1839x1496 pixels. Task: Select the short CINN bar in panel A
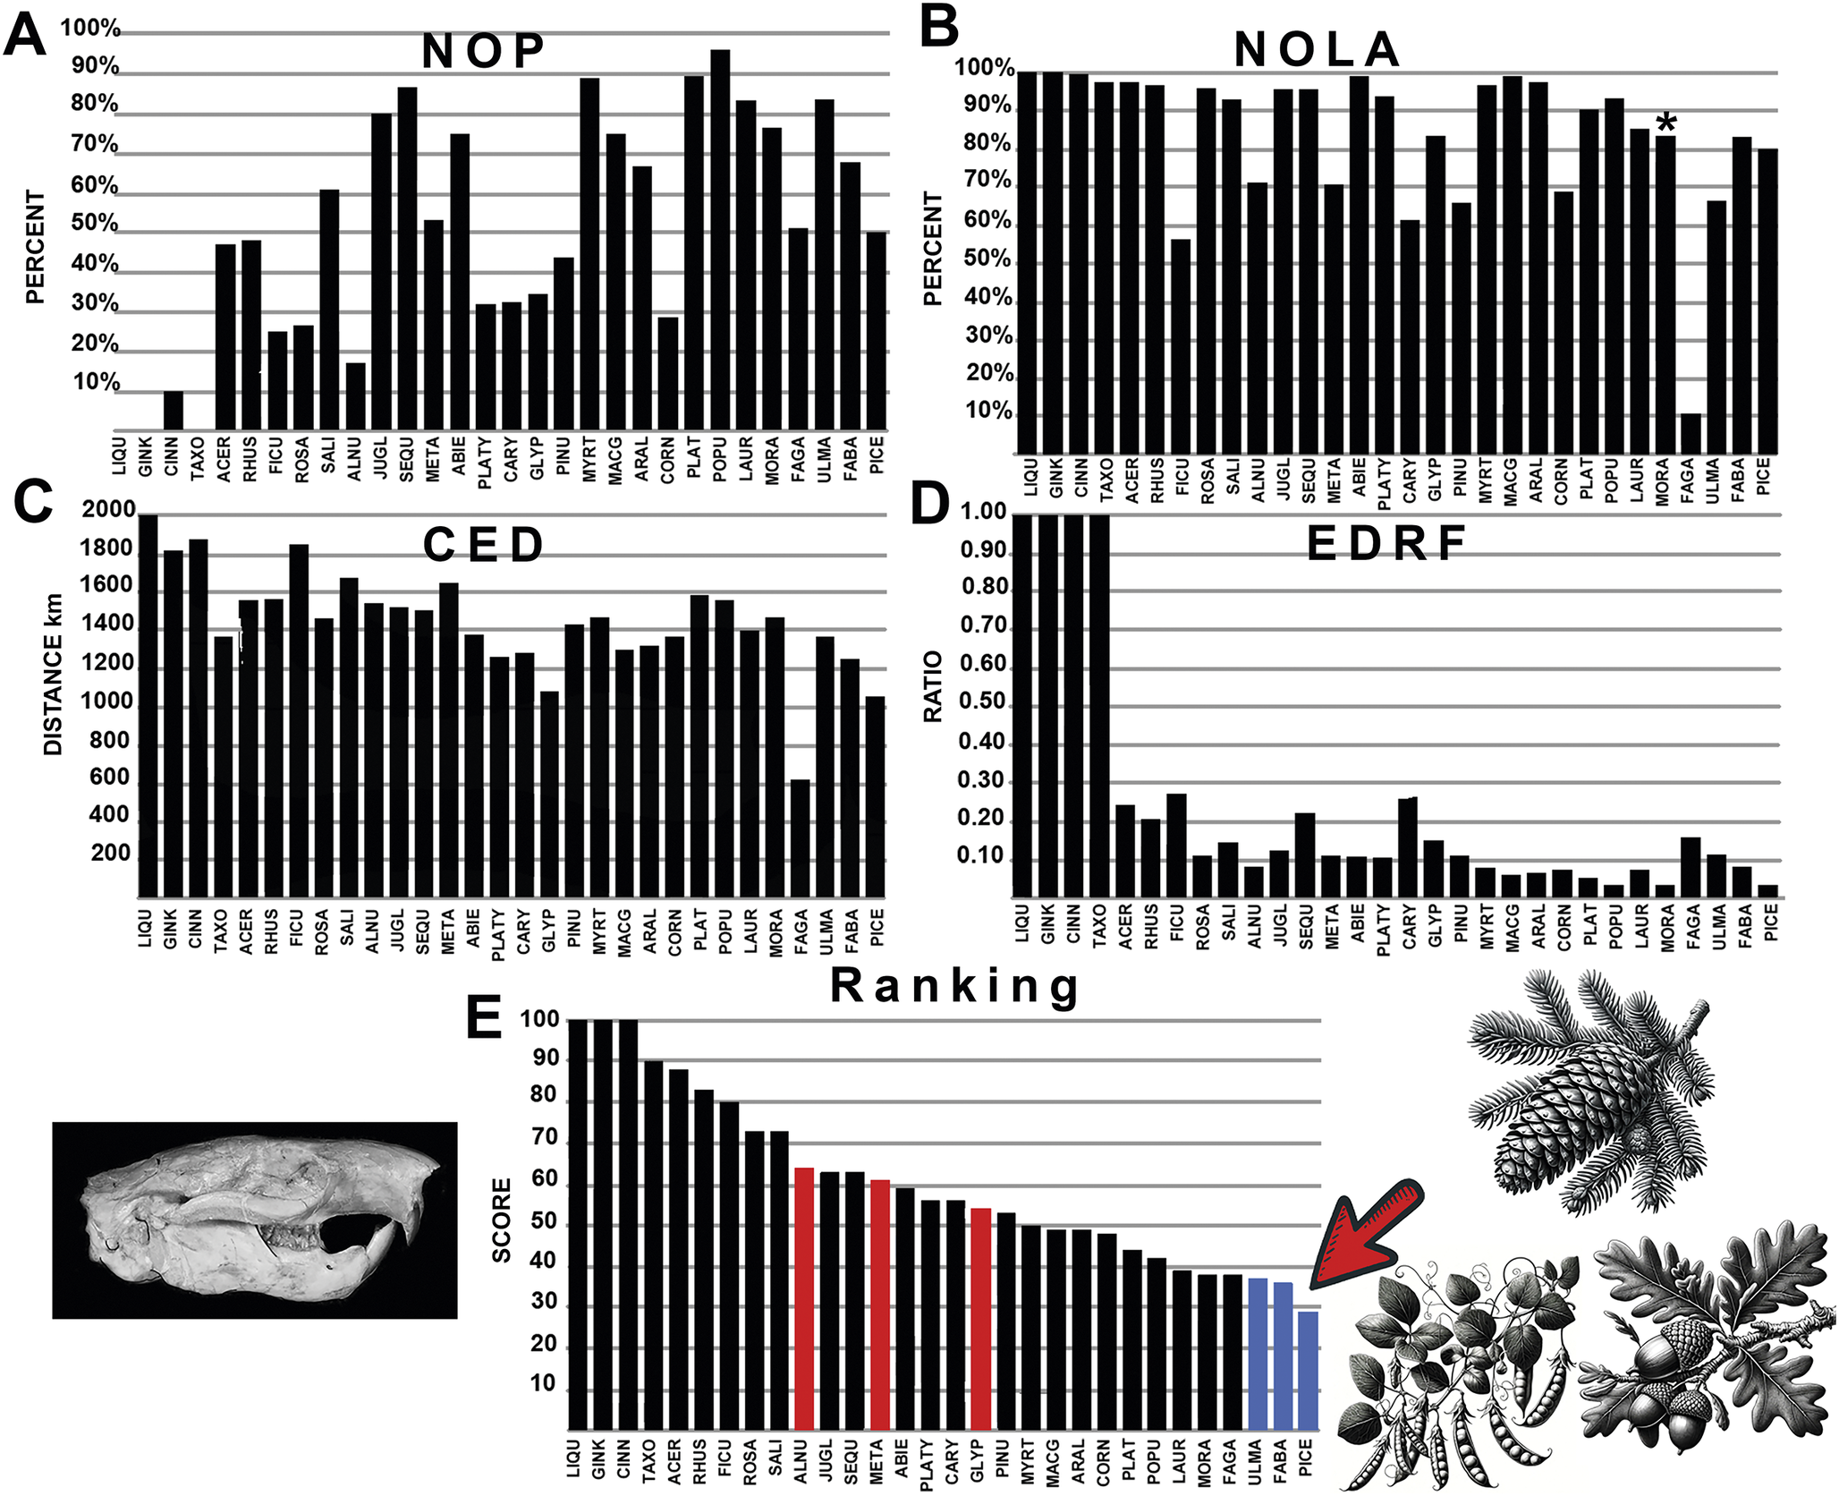pyautogui.click(x=173, y=411)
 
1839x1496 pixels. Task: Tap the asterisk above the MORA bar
pyautogui.click(x=1665, y=123)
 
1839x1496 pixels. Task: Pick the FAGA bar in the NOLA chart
pyautogui.click(x=1691, y=433)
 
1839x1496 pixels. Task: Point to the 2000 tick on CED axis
pyautogui.click(x=109, y=510)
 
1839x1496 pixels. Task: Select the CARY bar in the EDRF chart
pyautogui.click(x=1409, y=846)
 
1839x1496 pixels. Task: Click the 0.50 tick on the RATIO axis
pyautogui.click(x=982, y=702)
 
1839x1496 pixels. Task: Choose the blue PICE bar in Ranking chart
pyautogui.click(x=1308, y=1370)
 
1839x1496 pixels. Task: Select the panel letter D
pyautogui.click(x=929, y=506)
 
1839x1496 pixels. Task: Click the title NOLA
pyautogui.click(x=1316, y=49)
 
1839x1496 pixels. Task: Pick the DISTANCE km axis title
pyautogui.click(x=54, y=675)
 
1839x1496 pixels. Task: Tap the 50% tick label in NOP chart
pyautogui.click(x=95, y=223)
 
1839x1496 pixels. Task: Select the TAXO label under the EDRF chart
pyautogui.click(x=1099, y=926)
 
